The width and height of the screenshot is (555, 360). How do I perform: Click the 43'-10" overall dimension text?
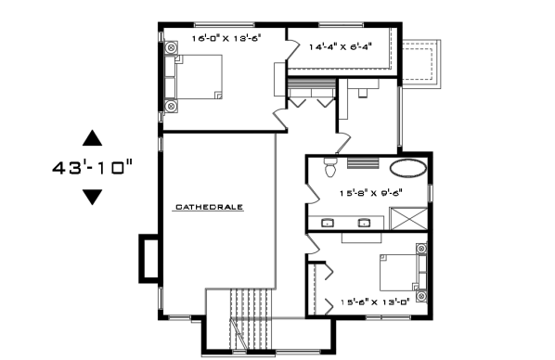(x=93, y=167)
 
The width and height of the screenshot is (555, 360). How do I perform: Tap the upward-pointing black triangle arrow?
(x=93, y=138)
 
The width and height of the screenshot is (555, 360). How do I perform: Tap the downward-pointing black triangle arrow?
(x=93, y=197)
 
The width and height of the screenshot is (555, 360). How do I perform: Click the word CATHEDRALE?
(x=209, y=207)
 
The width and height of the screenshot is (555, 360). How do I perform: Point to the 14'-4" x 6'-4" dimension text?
(x=341, y=46)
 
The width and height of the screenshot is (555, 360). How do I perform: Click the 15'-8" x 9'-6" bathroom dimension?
(x=371, y=193)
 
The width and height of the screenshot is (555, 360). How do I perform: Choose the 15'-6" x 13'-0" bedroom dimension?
(x=375, y=302)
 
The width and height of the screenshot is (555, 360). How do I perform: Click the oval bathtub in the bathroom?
(x=408, y=167)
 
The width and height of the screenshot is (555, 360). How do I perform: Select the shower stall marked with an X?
(x=408, y=218)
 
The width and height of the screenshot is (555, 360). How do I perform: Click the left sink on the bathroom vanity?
(x=328, y=223)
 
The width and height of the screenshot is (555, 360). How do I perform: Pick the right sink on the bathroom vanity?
(x=364, y=223)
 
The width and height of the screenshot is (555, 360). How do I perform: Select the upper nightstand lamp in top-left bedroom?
(x=171, y=47)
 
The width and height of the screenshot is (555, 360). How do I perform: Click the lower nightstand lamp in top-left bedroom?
(x=171, y=106)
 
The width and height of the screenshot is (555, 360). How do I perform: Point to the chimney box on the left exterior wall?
(x=149, y=259)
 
